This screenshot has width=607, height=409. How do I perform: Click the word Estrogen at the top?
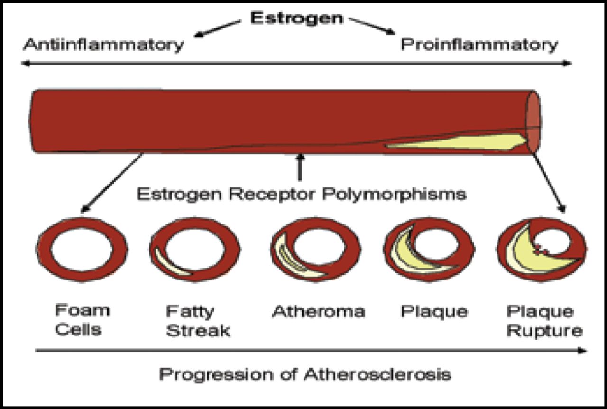(x=296, y=18)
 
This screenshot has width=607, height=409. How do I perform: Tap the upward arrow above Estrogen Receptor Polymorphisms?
(x=299, y=167)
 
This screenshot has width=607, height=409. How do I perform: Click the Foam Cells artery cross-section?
(x=82, y=249)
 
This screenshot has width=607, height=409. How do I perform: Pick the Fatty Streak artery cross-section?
(x=195, y=249)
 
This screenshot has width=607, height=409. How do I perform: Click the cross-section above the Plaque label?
(x=429, y=249)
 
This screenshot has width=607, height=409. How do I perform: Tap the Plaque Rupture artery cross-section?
(x=541, y=249)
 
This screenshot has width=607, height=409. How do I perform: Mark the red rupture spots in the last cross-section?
(x=541, y=249)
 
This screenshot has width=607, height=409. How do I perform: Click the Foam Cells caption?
(x=78, y=320)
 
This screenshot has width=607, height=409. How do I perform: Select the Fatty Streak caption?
(x=197, y=321)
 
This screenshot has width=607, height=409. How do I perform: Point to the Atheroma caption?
(x=318, y=312)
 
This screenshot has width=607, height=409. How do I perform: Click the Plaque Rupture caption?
(x=544, y=321)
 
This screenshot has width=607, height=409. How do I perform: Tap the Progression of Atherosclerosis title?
(x=305, y=374)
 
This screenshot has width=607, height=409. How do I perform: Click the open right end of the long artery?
(x=533, y=122)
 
